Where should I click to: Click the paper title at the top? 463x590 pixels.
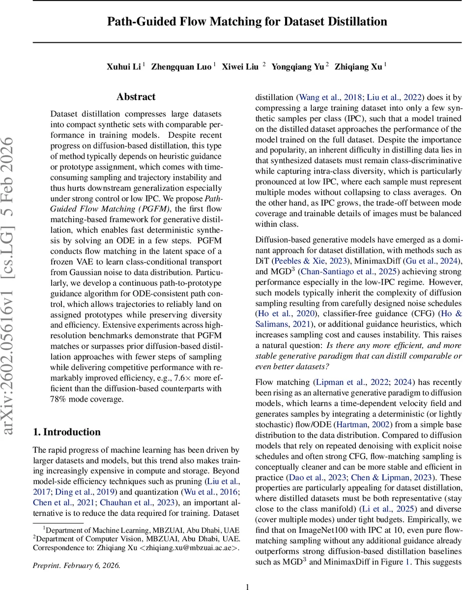coord(247,22)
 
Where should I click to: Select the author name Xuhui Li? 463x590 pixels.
coord(123,67)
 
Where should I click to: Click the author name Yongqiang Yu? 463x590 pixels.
coord(305,67)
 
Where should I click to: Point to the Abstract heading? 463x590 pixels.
coord(136,97)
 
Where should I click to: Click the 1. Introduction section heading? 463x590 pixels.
coord(66,432)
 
